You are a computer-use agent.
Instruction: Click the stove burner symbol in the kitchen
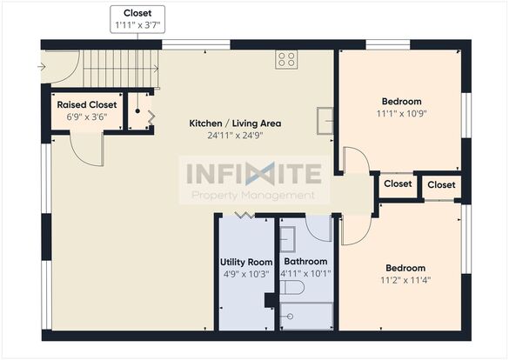286,60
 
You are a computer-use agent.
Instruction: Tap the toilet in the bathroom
292,287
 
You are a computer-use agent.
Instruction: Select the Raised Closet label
87,104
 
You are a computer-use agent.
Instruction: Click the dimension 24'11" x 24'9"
235,136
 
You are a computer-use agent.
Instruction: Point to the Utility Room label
246,262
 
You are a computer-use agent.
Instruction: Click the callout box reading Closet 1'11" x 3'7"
137,19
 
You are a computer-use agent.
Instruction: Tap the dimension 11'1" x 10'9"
402,114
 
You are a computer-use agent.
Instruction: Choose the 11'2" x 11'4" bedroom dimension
405,280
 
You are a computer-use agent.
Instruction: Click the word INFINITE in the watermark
254,174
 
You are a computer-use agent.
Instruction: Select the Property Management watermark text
253,196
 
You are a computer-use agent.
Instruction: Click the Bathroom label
305,262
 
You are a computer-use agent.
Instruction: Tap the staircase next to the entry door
121,69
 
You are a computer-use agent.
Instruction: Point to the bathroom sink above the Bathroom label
288,239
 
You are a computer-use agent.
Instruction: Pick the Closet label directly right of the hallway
398,183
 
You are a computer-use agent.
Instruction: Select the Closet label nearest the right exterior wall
441,184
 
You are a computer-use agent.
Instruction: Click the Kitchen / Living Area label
235,123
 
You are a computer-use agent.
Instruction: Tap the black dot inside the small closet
137,111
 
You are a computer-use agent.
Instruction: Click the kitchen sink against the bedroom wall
325,121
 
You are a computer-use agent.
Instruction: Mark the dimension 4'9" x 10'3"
246,274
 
